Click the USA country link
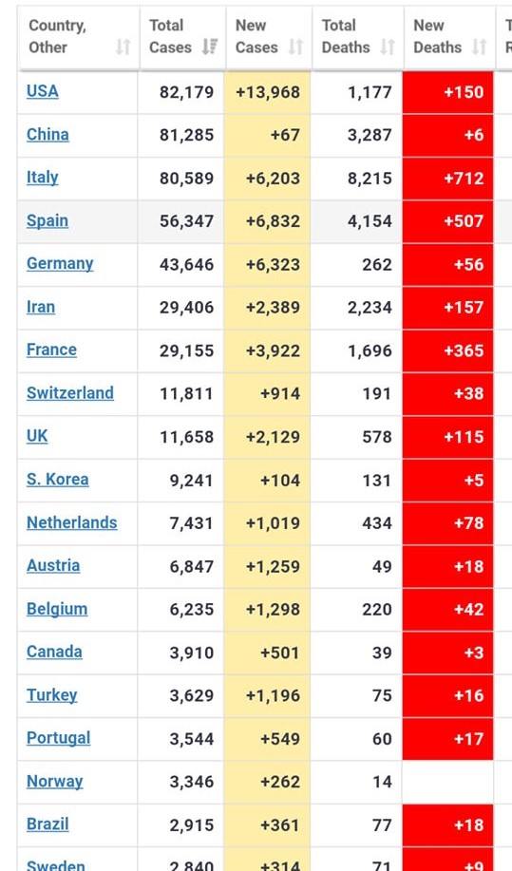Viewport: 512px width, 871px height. pyautogui.click(x=42, y=91)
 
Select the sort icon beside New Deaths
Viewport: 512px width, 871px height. pyautogui.click(x=480, y=47)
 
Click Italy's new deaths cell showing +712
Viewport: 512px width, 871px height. pyautogui.click(x=447, y=179)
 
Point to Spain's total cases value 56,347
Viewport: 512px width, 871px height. pyautogui.click(x=186, y=221)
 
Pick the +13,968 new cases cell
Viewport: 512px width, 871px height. pyautogui.click(x=268, y=92)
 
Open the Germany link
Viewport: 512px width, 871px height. pyautogui.click(x=60, y=263)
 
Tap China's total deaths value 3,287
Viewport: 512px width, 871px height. pyautogui.click(x=370, y=135)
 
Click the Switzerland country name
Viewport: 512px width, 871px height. pyautogui.click(x=70, y=392)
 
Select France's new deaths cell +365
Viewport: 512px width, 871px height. pyautogui.click(x=447, y=350)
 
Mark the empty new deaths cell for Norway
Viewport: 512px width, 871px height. pyautogui.click(x=447, y=782)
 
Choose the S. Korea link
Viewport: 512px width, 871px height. pyautogui.click(x=57, y=479)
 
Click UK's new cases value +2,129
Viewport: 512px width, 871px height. pyautogui.click(x=273, y=437)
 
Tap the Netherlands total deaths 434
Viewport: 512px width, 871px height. pyautogui.click(x=377, y=522)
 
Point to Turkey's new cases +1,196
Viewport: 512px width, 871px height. pyautogui.click(x=273, y=695)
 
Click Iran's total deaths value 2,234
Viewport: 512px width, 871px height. pyautogui.click(x=370, y=307)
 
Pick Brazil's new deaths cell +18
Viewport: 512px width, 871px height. pyautogui.click(x=447, y=824)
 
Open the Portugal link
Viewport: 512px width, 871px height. pyautogui.click(x=58, y=738)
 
